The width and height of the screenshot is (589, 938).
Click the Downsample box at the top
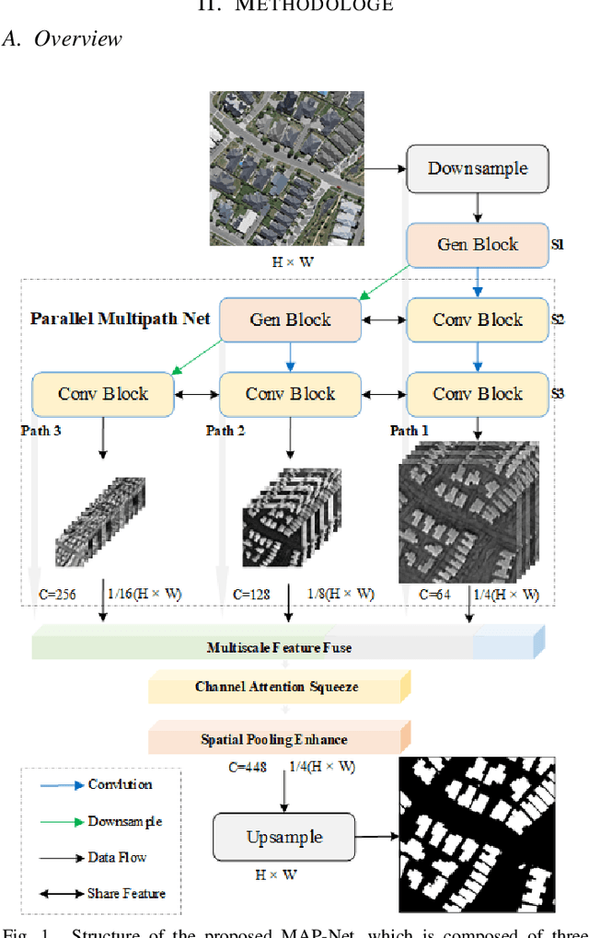click(x=477, y=168)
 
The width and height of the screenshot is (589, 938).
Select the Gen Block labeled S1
click(x=477, y=245)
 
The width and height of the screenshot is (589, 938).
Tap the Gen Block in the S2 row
click(x=290, y=319)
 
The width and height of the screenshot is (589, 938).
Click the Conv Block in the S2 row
click(x=477, y=319)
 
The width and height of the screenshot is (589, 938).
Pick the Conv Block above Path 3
click(x=102, y=394)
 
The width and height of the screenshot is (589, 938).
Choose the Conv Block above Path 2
click(x=290, y=394)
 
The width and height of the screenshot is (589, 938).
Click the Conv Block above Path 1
click(x=477, y=394)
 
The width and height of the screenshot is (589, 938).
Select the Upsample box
click(x=283, y=837)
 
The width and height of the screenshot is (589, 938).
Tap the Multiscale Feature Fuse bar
click(x=279, y=647)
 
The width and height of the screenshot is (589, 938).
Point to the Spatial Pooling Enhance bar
click(x=275, y=738)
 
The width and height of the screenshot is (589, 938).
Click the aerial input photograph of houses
click(x=286, y=168)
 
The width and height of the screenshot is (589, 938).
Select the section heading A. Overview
click(x=62, y=39)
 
